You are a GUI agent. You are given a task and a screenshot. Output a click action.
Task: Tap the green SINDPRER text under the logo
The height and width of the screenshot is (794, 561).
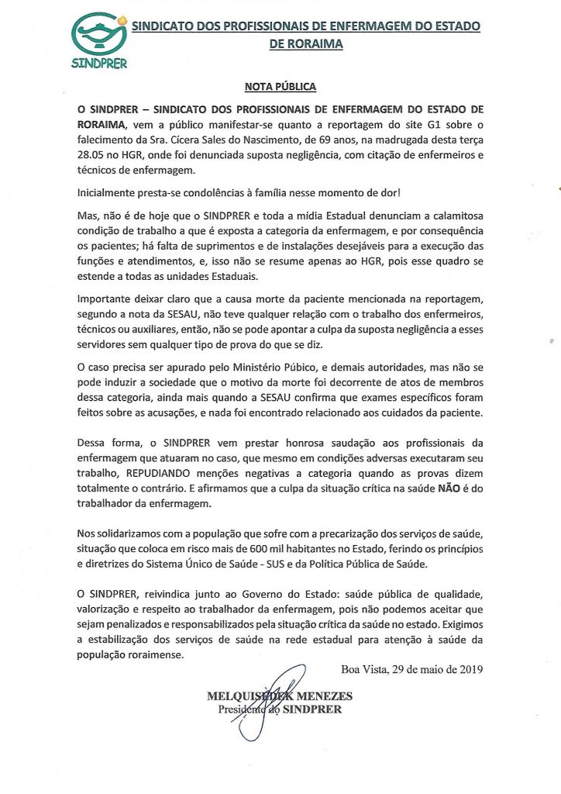98,64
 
